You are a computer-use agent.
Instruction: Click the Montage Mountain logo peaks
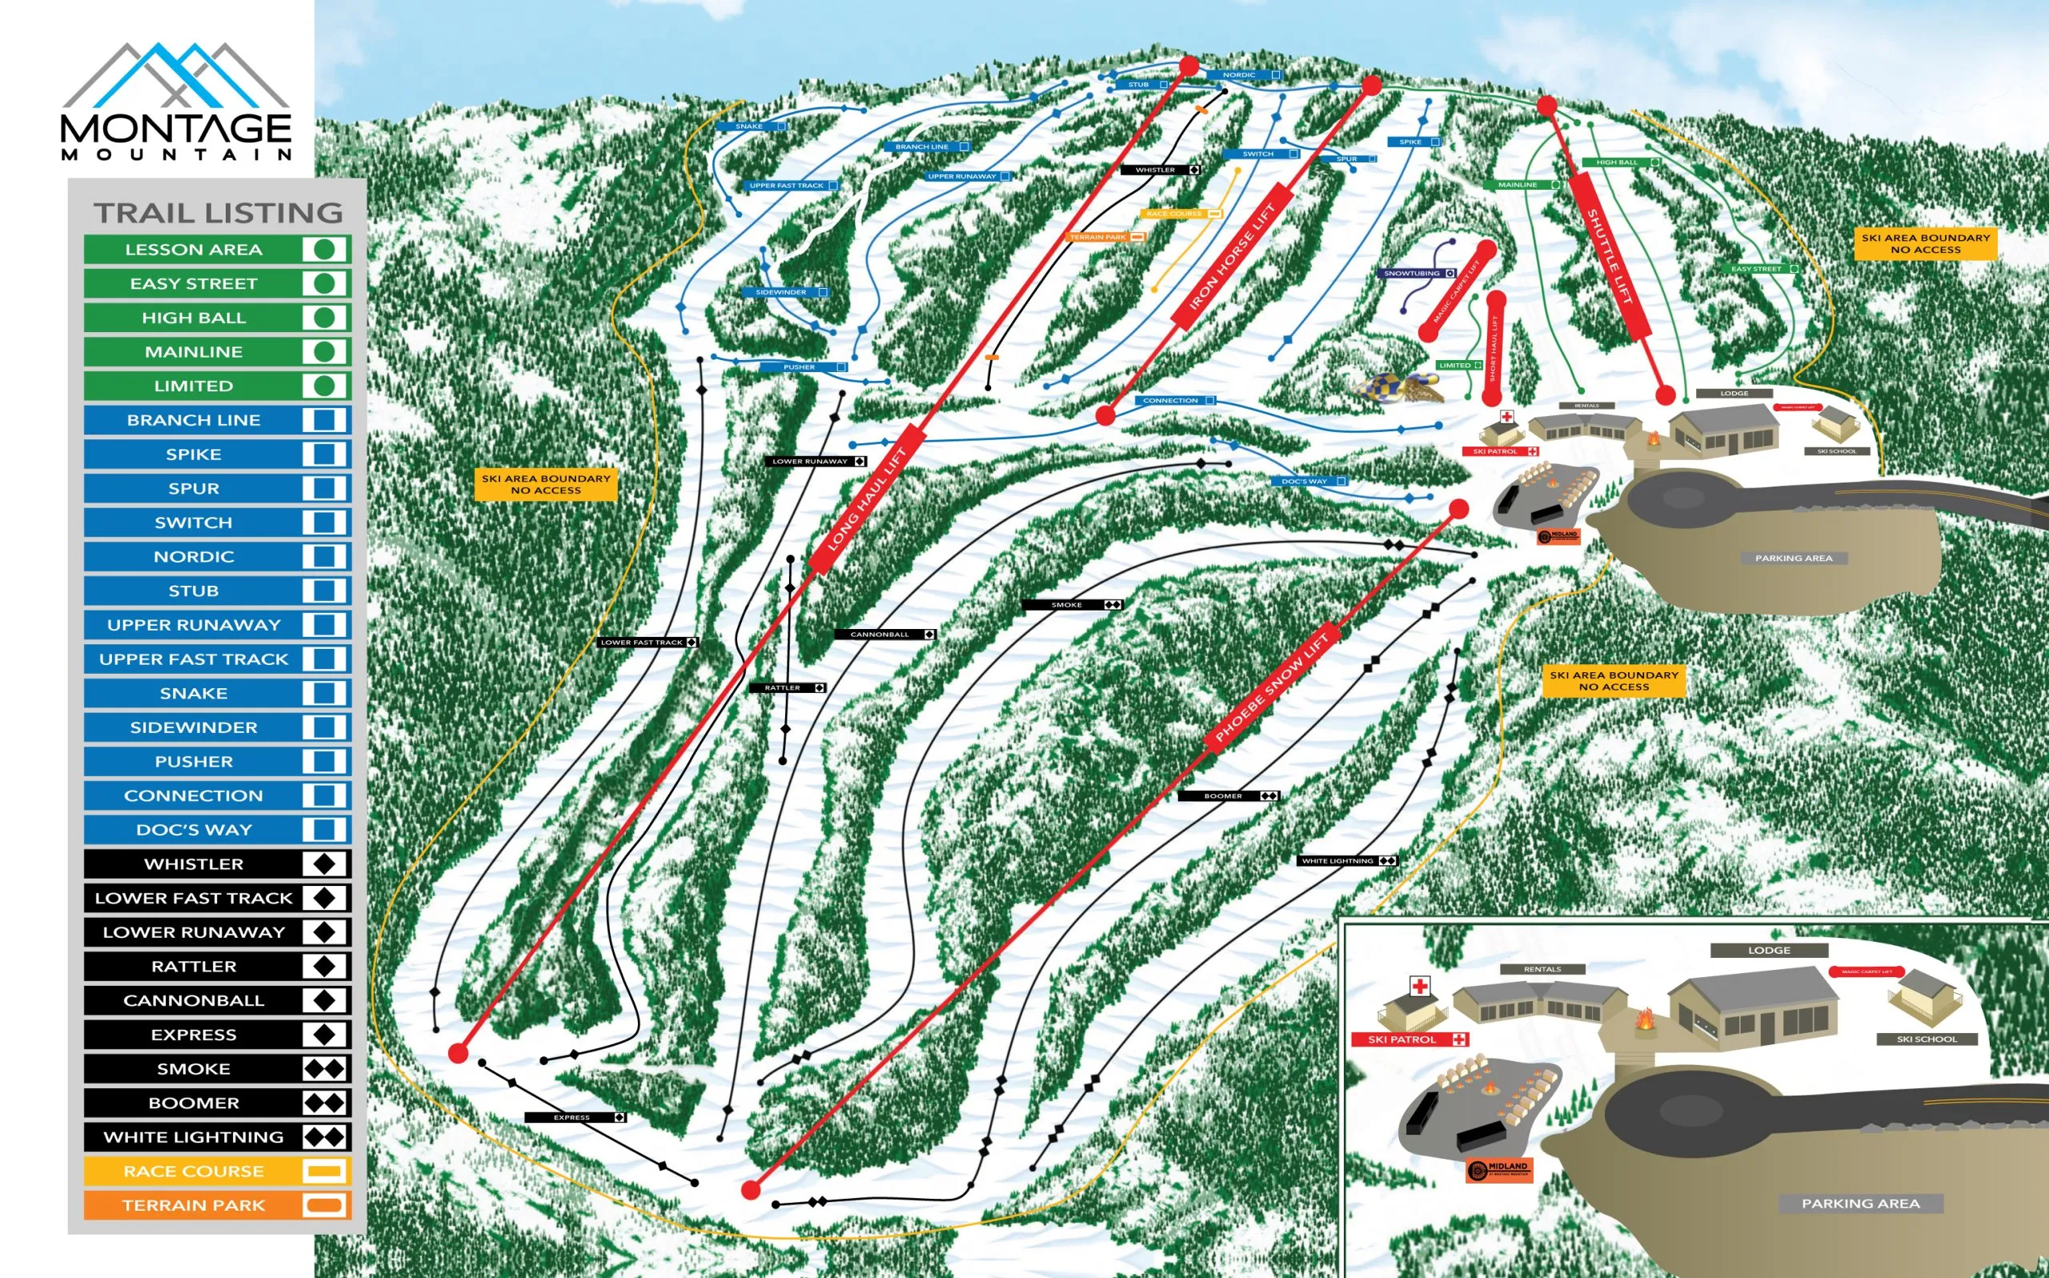(176, 76)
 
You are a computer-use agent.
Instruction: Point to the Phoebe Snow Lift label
(1271, 687)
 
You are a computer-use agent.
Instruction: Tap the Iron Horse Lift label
(1232, 257)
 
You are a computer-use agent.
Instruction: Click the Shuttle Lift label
(1609, 256)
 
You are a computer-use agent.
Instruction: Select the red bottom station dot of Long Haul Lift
(458, 1053)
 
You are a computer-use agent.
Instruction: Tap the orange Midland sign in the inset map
(1498, 1170)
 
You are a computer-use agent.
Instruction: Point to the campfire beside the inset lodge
(1644, 1022)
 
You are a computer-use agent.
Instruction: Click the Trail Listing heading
(218, 213)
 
